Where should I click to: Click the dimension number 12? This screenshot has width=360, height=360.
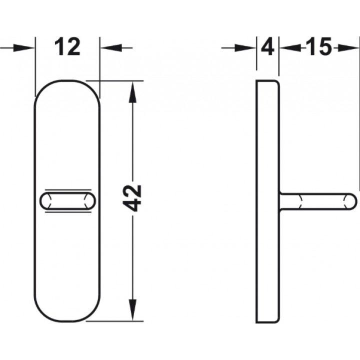tap(67, 47)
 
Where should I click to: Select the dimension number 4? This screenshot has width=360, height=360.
tap(268, 48)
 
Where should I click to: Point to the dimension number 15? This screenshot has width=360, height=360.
tap(319, 47)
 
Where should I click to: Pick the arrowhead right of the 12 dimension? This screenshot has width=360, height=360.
tap(111, 48)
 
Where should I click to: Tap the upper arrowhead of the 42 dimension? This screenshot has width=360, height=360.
tap(132, 92)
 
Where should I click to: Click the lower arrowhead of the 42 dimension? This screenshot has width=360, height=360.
tap(132, 309)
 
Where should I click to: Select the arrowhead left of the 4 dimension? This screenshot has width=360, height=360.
tap(245, 48)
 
